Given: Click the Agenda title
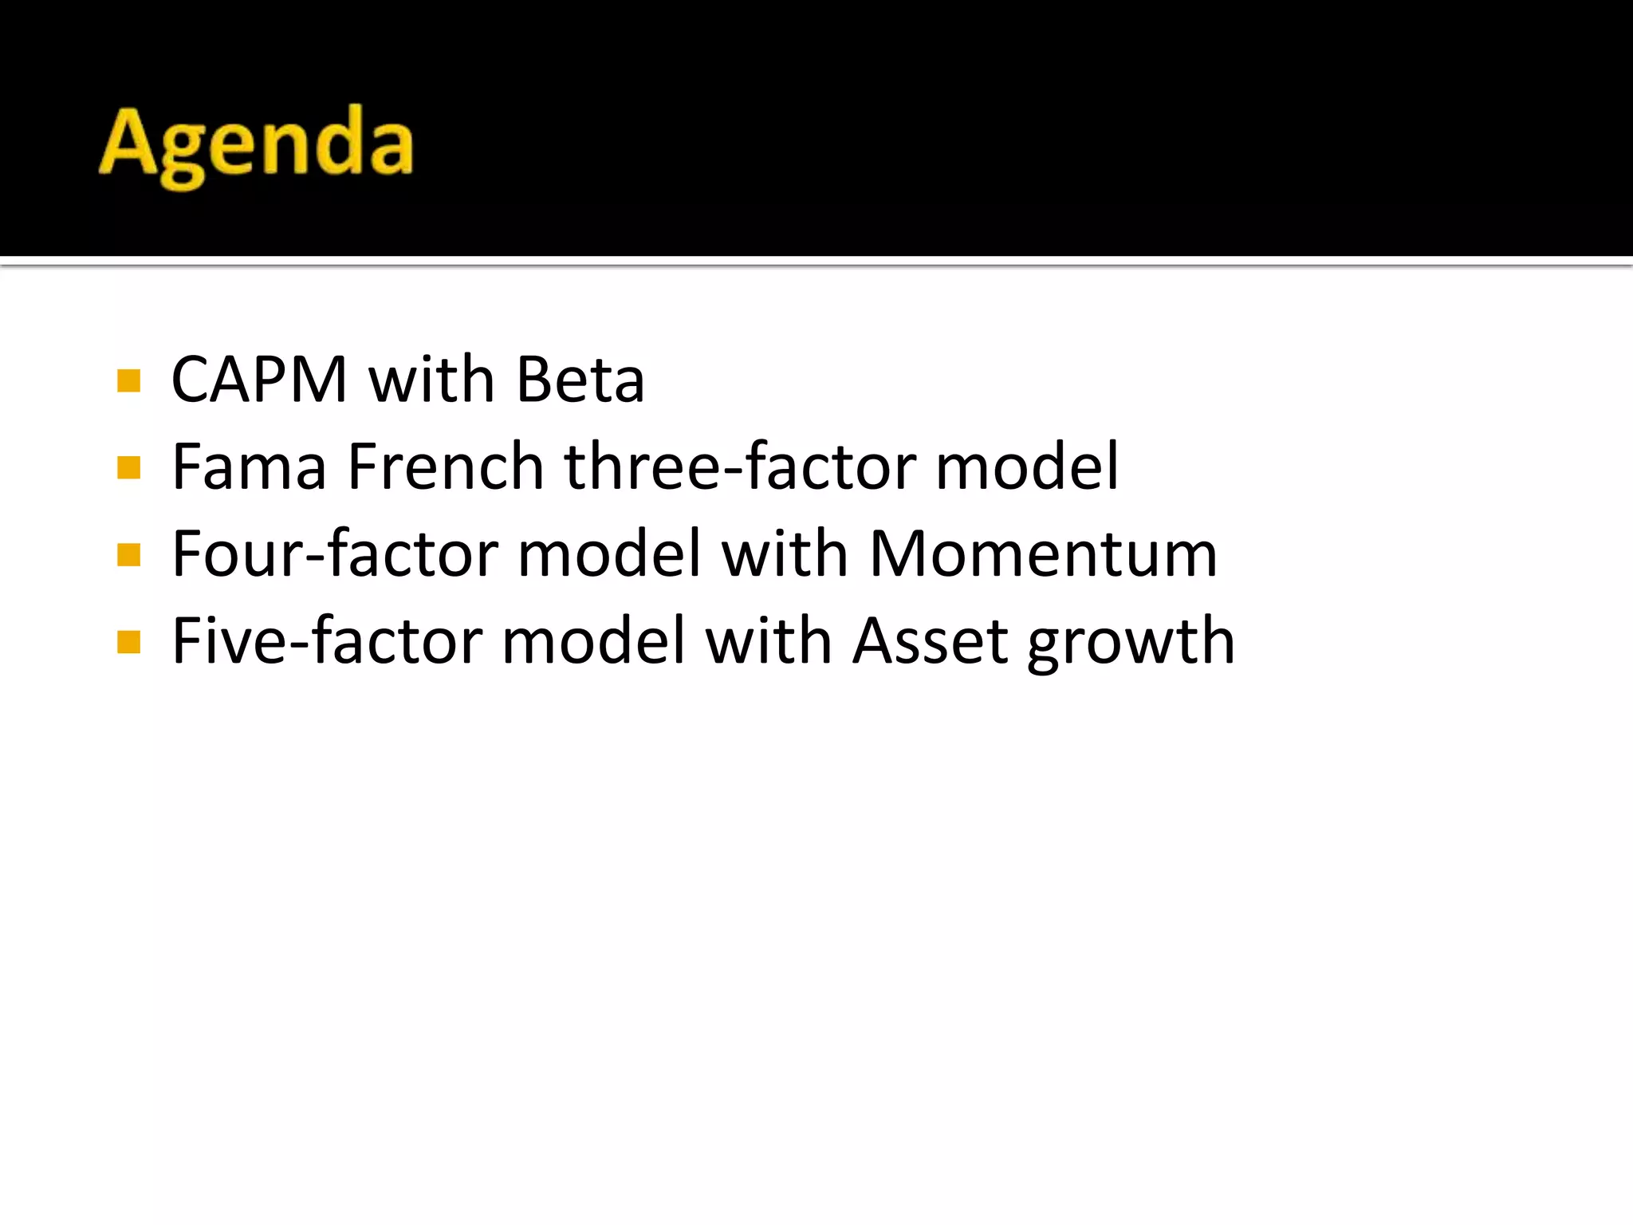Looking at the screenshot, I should pos(256,145).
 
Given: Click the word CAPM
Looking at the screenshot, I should pos(259,380).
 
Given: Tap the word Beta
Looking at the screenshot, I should pos(580,380).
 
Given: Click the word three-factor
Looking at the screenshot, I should pos(740,467).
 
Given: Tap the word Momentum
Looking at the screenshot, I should pos(1043,554).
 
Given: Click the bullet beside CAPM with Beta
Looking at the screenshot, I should pos(128,380).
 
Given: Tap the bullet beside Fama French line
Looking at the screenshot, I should pos(128,467).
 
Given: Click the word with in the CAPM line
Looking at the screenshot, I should pos(431,380).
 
